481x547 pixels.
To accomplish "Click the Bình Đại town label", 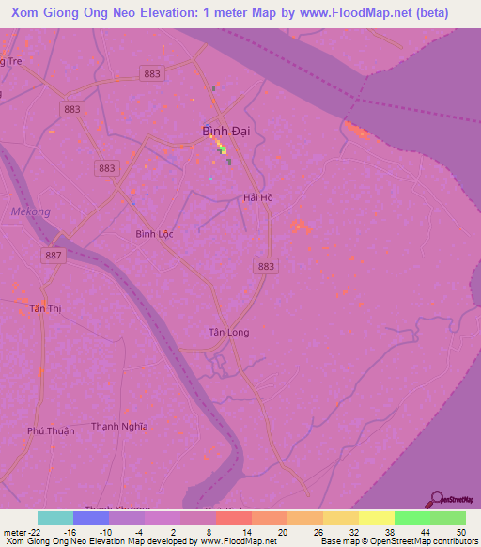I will [x=225, y=133].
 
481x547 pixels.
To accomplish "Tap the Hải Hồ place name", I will [x=257, y=197].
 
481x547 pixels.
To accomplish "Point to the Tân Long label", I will [x=229, y=332].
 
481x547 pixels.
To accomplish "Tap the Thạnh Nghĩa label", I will [x=119, y=426].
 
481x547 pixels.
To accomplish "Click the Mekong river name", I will [x=30, y=211].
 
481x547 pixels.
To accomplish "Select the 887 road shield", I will [x=55, y=256].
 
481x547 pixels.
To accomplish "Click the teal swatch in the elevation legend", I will [x=55, y=518].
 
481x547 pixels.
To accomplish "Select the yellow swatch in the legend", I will [x=376, y=518].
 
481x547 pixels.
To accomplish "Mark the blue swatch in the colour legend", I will [x=91, y=518].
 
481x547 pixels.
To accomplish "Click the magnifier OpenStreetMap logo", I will [x=437, y=499].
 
